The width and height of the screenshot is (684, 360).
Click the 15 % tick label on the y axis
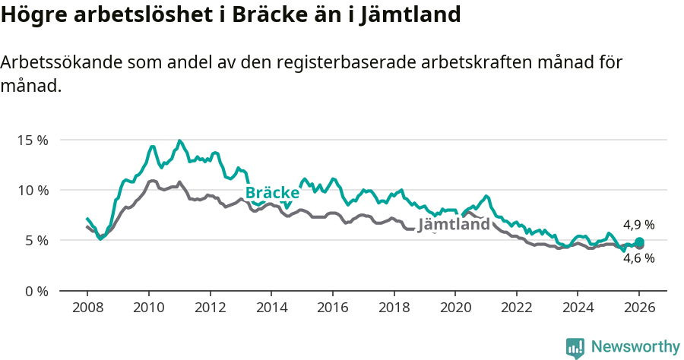click(33, 140)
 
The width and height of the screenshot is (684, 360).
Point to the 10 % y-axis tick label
click(33, 190)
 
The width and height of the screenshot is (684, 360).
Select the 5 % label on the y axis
click(36, 240)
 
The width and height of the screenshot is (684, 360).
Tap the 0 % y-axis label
click(36, 291)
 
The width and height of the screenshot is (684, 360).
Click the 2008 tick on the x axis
click(87, 308)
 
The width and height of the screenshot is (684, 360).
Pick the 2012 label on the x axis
click(210, 308)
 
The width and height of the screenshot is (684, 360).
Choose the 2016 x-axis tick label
click(332, 308)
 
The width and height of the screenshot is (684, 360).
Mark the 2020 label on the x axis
click(454, 308)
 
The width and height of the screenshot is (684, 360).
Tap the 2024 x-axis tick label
click(577, 308)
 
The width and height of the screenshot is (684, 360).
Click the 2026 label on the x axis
click(638, 308)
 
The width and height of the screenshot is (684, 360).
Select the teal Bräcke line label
click(272, 193)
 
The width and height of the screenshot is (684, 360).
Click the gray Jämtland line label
click(454, 225)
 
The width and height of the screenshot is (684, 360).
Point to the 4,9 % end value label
click(638, 225)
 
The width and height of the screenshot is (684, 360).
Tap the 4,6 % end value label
click(638, 258)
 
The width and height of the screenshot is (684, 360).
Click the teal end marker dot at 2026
click(639, 242)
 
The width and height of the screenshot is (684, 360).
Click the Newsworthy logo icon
click(575, 348)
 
